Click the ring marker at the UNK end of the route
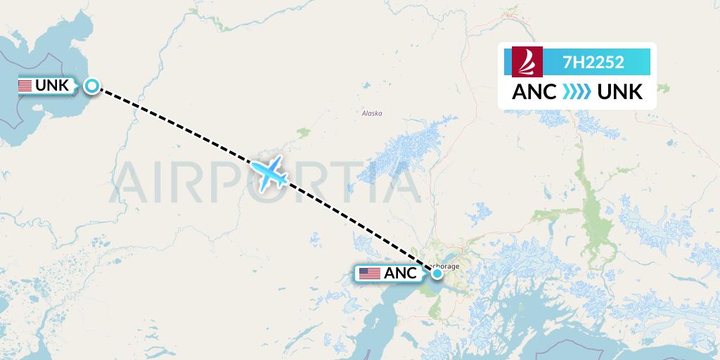point(92,86)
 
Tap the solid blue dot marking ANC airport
point(437,273)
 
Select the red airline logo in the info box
point(525,62)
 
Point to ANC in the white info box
point(534,91)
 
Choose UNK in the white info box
point(619,91)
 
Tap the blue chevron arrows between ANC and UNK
point(577,91)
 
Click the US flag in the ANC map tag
point(370,274)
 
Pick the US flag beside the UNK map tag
point(25,86)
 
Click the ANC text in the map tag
point(400,274)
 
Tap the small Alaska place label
point(371,113)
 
